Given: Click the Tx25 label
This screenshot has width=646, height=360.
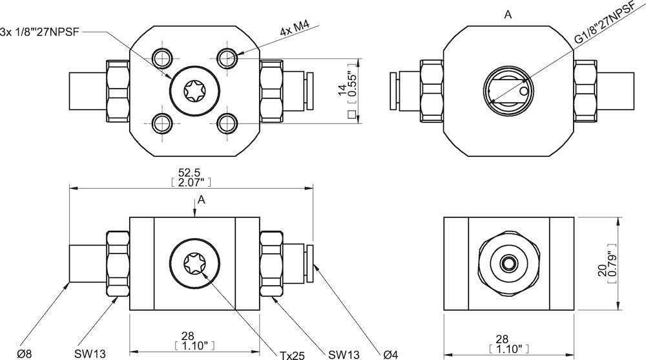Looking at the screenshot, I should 292,355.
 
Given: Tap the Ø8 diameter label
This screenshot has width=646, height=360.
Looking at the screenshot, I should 25,354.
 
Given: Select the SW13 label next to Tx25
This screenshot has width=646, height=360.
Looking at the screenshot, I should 343,355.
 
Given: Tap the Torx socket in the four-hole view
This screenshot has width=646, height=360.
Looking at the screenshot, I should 194,91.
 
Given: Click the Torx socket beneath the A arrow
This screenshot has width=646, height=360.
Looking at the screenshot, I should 194,264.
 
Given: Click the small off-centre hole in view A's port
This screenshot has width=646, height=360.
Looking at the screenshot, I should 522,92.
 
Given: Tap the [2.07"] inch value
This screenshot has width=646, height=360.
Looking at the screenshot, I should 191,184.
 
